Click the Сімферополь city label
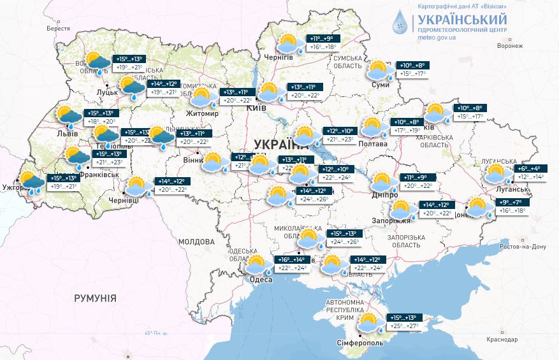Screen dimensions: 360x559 [x=359, y=343]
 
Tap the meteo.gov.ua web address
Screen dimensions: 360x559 [x=436, y=38]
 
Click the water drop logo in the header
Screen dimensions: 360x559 [x=400, y=23]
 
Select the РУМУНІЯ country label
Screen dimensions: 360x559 [x=95, y=298]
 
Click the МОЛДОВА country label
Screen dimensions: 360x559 [x=196, y=241]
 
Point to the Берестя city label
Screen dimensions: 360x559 [x=58, y=29]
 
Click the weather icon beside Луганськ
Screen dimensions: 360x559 [x=497, y=174]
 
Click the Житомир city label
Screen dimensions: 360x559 [x=202, y=114]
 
